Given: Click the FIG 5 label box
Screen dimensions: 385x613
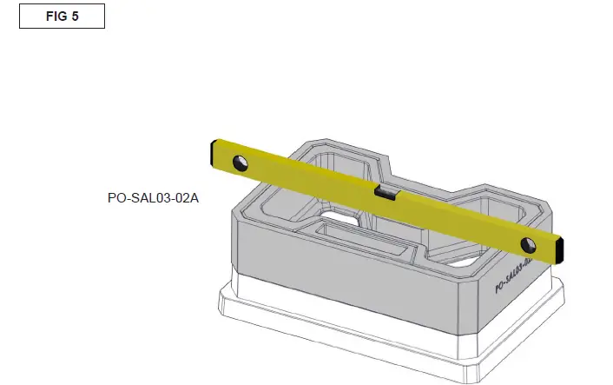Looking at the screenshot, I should (x=62, y=17).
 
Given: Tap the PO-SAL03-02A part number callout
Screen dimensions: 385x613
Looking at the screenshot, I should (x=153, y=198).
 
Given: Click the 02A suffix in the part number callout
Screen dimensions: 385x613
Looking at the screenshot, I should (x=185, y=198).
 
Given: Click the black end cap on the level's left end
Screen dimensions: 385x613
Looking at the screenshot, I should (x=212, y=152).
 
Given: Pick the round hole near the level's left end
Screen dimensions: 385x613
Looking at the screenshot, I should (x=238, y=163).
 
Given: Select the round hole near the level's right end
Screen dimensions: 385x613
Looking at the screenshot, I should (x=527, y=243).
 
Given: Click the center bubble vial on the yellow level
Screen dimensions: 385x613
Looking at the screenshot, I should (x=386, y=194).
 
